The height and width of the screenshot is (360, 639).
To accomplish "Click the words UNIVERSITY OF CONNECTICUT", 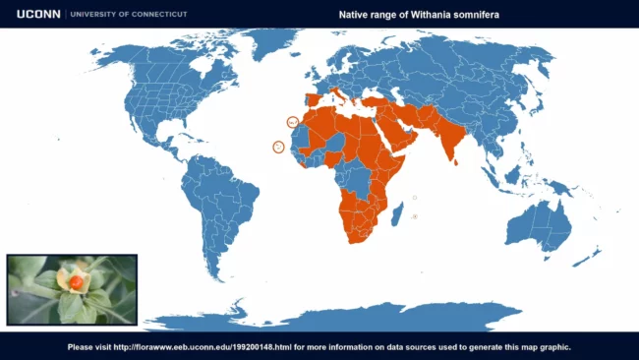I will [x=125, y=15].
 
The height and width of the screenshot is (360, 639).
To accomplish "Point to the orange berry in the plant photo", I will [x=76, y=282].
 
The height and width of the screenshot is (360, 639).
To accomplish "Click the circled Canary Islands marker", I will [x=292, y=122].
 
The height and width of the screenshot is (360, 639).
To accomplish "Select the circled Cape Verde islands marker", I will [x=278, y=148].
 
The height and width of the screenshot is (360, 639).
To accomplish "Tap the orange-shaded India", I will [x=448, y=137].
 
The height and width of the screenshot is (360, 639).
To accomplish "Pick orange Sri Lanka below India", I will [x=455, y=161].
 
